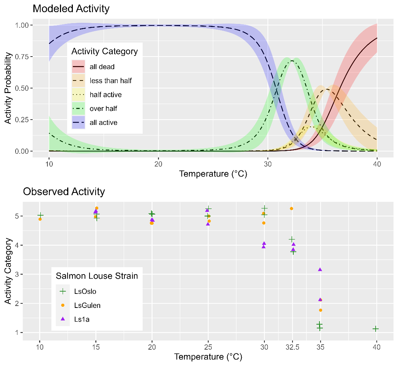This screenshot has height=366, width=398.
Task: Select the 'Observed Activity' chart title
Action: pos(64,191)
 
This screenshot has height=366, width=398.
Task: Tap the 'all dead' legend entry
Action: pos(102,67)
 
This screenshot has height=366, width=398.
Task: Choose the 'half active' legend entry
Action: pos(105,95)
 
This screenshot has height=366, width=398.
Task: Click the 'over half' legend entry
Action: pos(103,109)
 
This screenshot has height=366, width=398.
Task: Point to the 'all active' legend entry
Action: pos(103,123)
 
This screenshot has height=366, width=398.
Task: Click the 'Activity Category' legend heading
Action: pos(104,51)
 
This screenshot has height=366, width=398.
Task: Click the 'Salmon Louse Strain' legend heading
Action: pos(97,276)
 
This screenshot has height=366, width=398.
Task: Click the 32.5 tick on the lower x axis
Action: pos(292,347)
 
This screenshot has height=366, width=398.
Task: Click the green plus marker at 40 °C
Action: pos(376,329)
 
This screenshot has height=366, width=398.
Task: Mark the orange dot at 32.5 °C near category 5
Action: pos(291,208)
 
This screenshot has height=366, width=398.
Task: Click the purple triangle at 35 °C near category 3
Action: pos(320,270)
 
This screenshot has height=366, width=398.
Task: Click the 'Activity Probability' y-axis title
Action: pos(8,88)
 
